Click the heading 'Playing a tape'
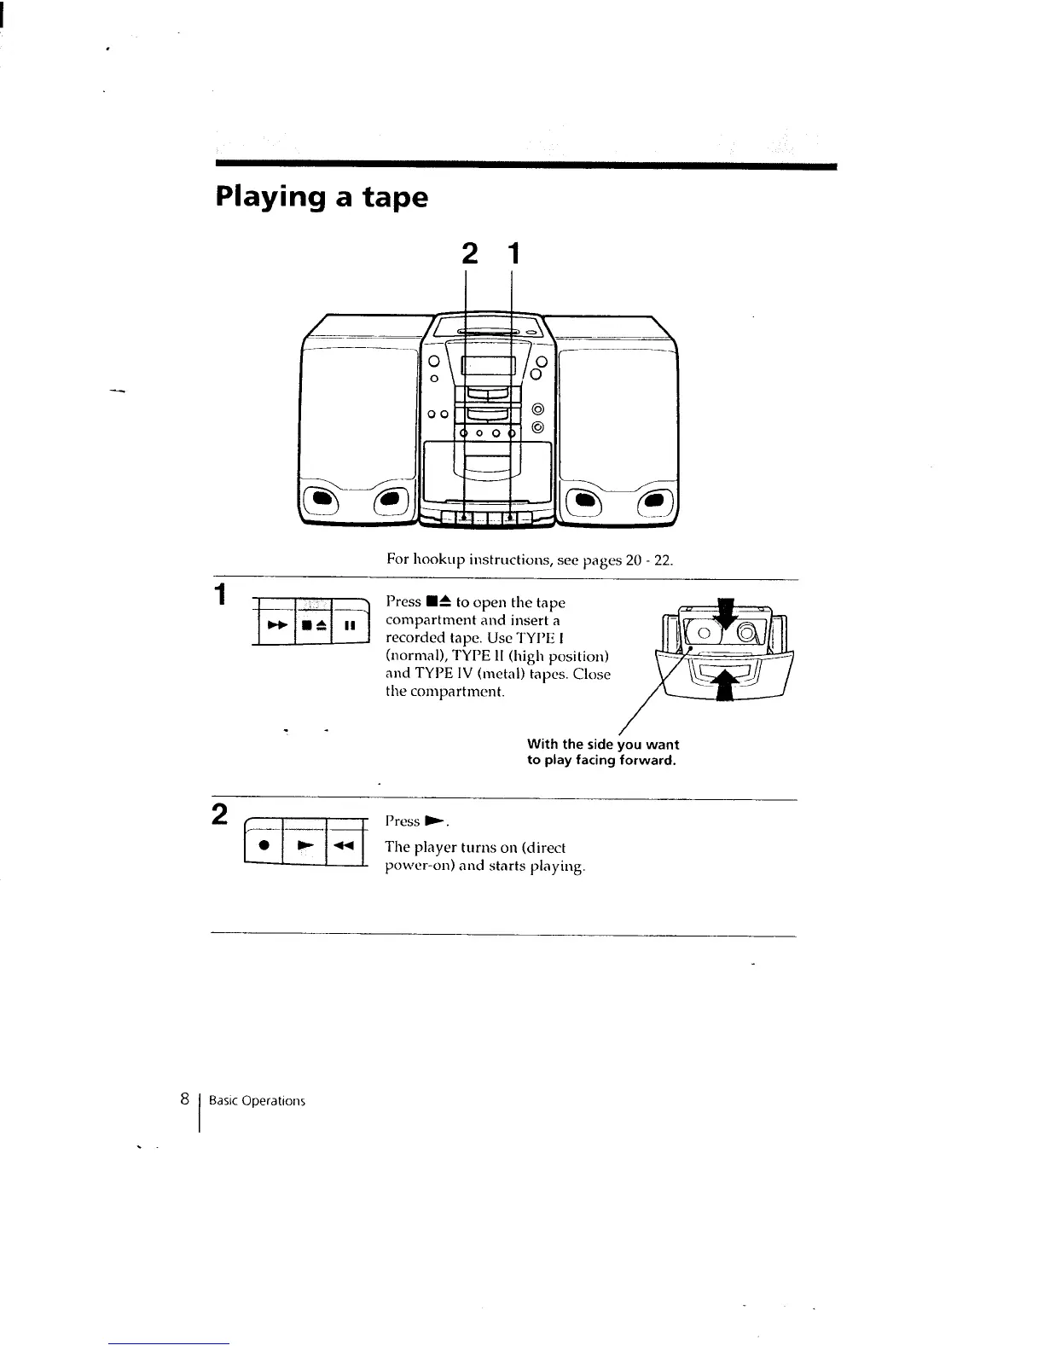click(321, 198)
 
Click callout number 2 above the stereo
click(468, 254)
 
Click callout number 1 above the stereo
click(512, 254)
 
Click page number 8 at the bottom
click(183, 1099)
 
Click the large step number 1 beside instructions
click(221, 594)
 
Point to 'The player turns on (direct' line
click(475, 848)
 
